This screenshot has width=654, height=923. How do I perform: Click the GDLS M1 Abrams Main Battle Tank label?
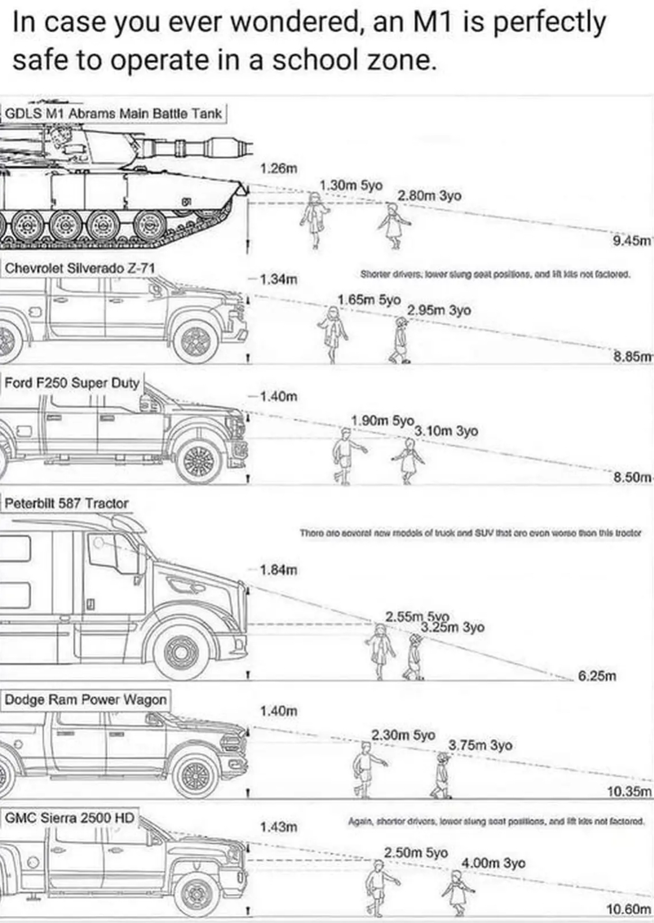click(114, 113)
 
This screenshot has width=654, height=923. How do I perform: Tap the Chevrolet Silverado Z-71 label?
click(80, 268)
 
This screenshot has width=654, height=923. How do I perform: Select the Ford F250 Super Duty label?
click(72, 382)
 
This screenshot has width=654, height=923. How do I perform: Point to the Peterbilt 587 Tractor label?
click(67, 503)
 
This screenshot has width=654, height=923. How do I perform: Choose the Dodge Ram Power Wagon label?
click(86, 699)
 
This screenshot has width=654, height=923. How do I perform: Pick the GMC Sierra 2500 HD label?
click(69, 818)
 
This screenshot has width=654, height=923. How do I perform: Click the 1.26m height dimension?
click(279, 169)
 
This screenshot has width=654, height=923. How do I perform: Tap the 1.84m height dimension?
click(279, 570)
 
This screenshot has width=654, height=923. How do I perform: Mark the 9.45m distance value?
click(632, 241)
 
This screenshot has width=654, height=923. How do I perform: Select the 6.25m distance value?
click(597, 676)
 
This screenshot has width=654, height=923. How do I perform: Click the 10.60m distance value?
click(629, 909)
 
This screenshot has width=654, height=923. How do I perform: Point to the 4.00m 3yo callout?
click(493, 863)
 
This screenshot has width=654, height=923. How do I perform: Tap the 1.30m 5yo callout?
click(351, 185)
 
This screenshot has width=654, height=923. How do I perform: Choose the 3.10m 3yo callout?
click(446, 430)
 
